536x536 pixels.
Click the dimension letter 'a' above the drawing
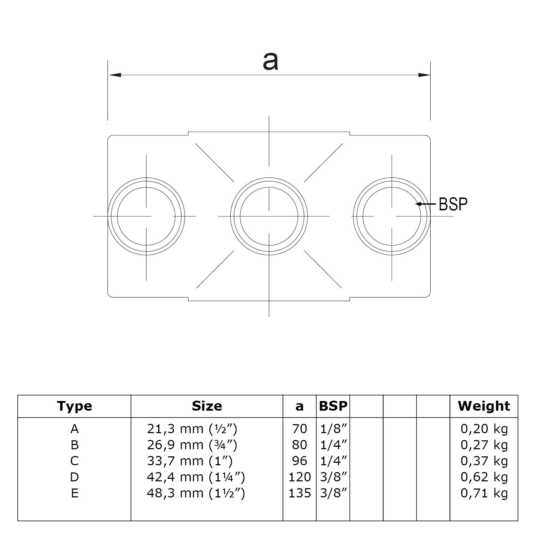coord(270,61)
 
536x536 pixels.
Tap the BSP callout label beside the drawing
coord(453,204)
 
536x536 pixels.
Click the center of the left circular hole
coord(146,216)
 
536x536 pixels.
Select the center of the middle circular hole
coord(269,216)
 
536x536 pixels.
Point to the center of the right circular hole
coord(392,216)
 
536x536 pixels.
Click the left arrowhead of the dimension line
coord(115,75)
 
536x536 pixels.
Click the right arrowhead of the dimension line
coord(424,75)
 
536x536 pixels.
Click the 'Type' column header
coord(74,406)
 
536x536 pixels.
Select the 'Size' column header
coord(207,406)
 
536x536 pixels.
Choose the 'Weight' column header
coord(484,406)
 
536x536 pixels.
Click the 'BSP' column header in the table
coord(333,406)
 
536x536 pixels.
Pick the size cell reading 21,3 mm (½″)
coord(192,429)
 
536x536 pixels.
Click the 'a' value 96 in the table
coord(299,461)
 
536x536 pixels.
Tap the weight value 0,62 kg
coord(484,477)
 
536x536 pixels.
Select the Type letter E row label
coord(74,493)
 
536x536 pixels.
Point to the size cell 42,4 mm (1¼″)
coord(196,477)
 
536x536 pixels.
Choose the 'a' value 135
coord(299,493)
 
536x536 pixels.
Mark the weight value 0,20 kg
coord(484,429)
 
